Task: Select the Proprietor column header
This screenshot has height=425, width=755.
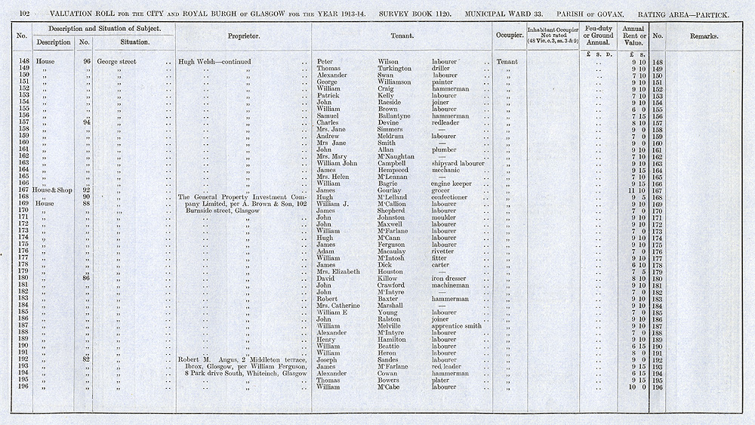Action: [244, 35]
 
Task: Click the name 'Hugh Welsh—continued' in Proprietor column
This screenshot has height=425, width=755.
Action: [214, 62]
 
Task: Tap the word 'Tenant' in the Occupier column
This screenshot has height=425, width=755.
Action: [507, 62]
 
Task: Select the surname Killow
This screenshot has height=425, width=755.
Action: [390, 279]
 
